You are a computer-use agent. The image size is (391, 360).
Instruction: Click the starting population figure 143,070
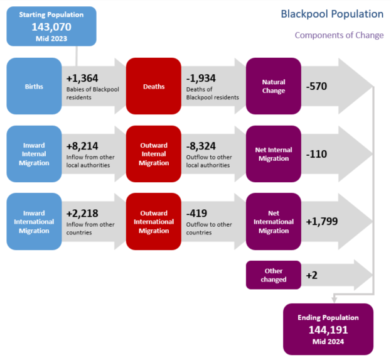pos(51,26)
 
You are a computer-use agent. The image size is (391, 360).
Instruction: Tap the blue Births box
pos(34,86)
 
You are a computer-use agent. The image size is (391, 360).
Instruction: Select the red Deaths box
pos(154,86)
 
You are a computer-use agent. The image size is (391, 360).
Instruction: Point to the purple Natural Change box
pos(274,86)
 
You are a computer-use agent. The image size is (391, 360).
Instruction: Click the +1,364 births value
pos(82,78)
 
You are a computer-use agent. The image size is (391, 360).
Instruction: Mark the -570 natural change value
pos(316,86)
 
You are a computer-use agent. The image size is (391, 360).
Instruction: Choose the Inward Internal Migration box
pos(34,154)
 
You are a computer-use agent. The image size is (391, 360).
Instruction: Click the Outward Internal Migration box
pos(154,154)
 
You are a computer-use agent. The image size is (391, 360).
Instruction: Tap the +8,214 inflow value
pos(82,146)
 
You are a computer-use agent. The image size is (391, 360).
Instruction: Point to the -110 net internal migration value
pos(316,154)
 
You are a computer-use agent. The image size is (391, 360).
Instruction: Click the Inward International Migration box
pos(34,222)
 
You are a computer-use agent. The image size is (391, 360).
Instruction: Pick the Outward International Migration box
pos(154,222)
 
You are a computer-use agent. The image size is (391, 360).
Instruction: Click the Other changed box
pos(274,275)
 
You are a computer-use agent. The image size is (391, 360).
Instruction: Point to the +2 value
pos(312,275)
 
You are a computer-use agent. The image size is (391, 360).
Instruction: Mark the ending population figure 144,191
pos(328,329)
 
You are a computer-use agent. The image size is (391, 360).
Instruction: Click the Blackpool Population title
pos(332,14)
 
